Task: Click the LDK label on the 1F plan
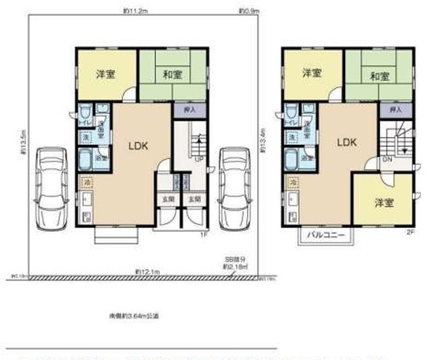tap(139, 145)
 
